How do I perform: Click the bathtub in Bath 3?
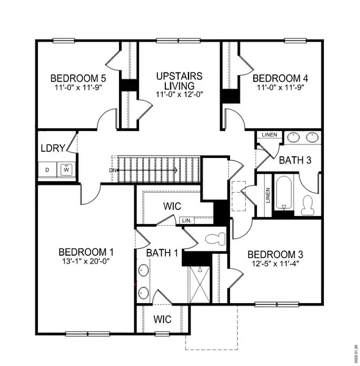coord(284,194)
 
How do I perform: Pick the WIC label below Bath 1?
coord(162,319)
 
